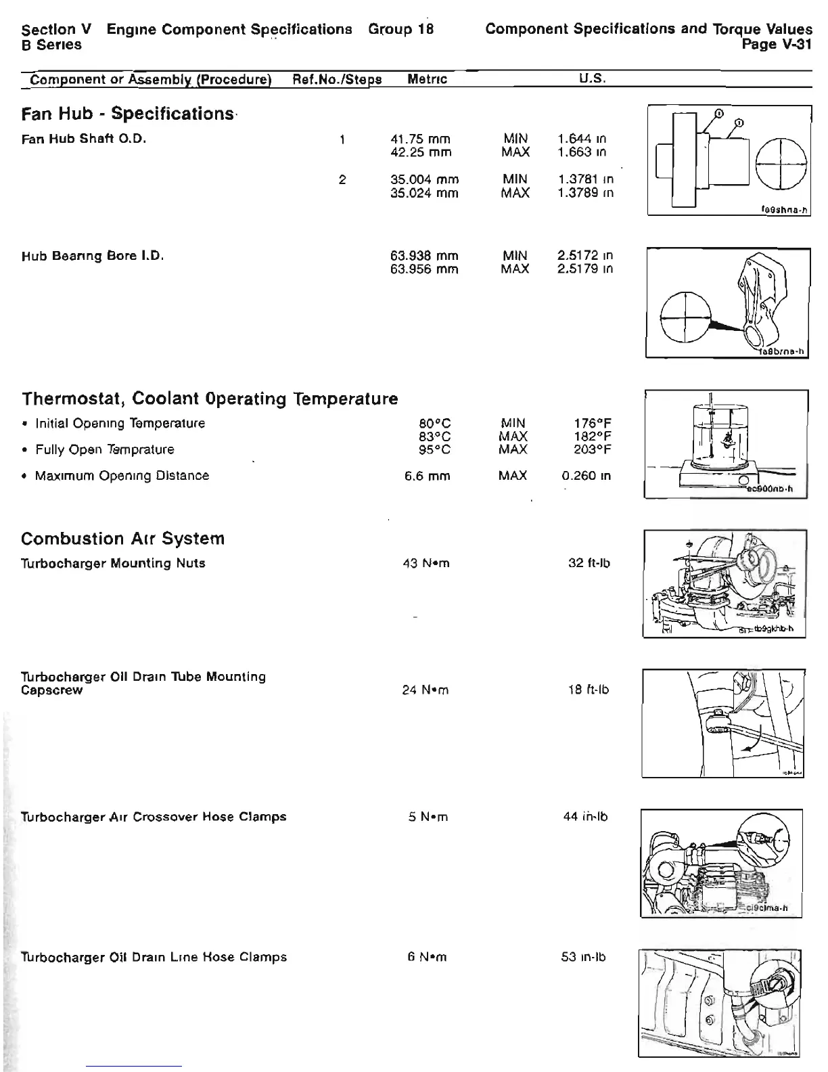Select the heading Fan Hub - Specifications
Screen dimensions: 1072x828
(127, 113)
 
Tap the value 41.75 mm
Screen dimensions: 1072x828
(420, 139)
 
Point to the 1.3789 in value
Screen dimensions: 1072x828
(586, 193)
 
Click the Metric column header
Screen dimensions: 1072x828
(428, 79)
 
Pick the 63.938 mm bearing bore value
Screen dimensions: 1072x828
(424, 256)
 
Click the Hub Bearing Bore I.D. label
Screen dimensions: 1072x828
(93, 256)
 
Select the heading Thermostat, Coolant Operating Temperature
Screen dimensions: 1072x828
(210, 398)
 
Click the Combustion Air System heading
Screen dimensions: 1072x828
(122, 539)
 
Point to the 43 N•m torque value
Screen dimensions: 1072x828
(425, 563)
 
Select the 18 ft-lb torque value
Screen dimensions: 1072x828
(589, 690)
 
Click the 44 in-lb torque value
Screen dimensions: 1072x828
(586, 817)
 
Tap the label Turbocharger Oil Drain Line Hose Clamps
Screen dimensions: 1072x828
(154, 957)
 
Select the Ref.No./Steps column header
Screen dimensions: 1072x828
(337, 79)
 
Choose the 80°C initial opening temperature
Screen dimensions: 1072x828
(435, 424)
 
